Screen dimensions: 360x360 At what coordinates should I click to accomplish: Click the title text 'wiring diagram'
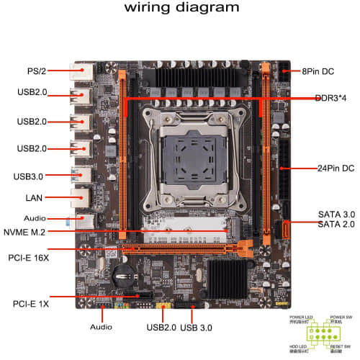coord(181,9)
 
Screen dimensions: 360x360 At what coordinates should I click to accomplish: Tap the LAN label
coord(34,197)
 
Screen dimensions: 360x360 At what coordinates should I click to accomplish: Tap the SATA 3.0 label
coord(335,215)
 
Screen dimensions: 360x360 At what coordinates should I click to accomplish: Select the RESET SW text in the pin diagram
coord(341,347)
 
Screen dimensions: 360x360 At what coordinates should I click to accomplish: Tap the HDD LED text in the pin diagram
coord(300,347)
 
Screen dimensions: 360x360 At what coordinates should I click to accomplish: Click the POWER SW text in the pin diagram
coord(341,317)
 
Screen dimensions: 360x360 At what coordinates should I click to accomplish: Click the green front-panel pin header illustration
coord(320,332)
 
